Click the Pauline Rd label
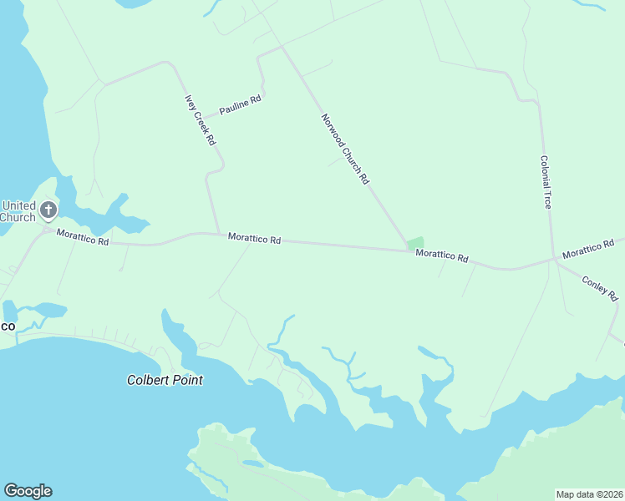tap(240, 104)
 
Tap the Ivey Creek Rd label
tap(201, 120)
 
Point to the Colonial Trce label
tap(546, 182)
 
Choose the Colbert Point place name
tap(165, 380)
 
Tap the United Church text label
tap(18, 211)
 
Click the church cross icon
tap(48, 209)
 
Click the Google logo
tap(28, 491)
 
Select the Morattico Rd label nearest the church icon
tap(83, 237)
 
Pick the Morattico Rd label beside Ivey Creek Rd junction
tap(254, 239)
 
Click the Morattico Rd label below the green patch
tap(442, 256)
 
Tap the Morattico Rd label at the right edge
tap(593, 249)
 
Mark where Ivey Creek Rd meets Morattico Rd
tap(219, 234)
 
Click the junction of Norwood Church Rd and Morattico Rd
tap(408, 249)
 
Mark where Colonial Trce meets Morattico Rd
tap(553, 260)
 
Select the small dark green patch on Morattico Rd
tap(415, 242)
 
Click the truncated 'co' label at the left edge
tap(7, 325)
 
